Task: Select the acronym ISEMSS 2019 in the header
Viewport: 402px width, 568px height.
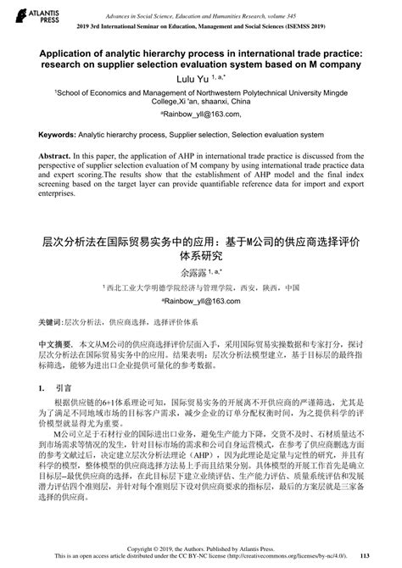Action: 308,26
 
